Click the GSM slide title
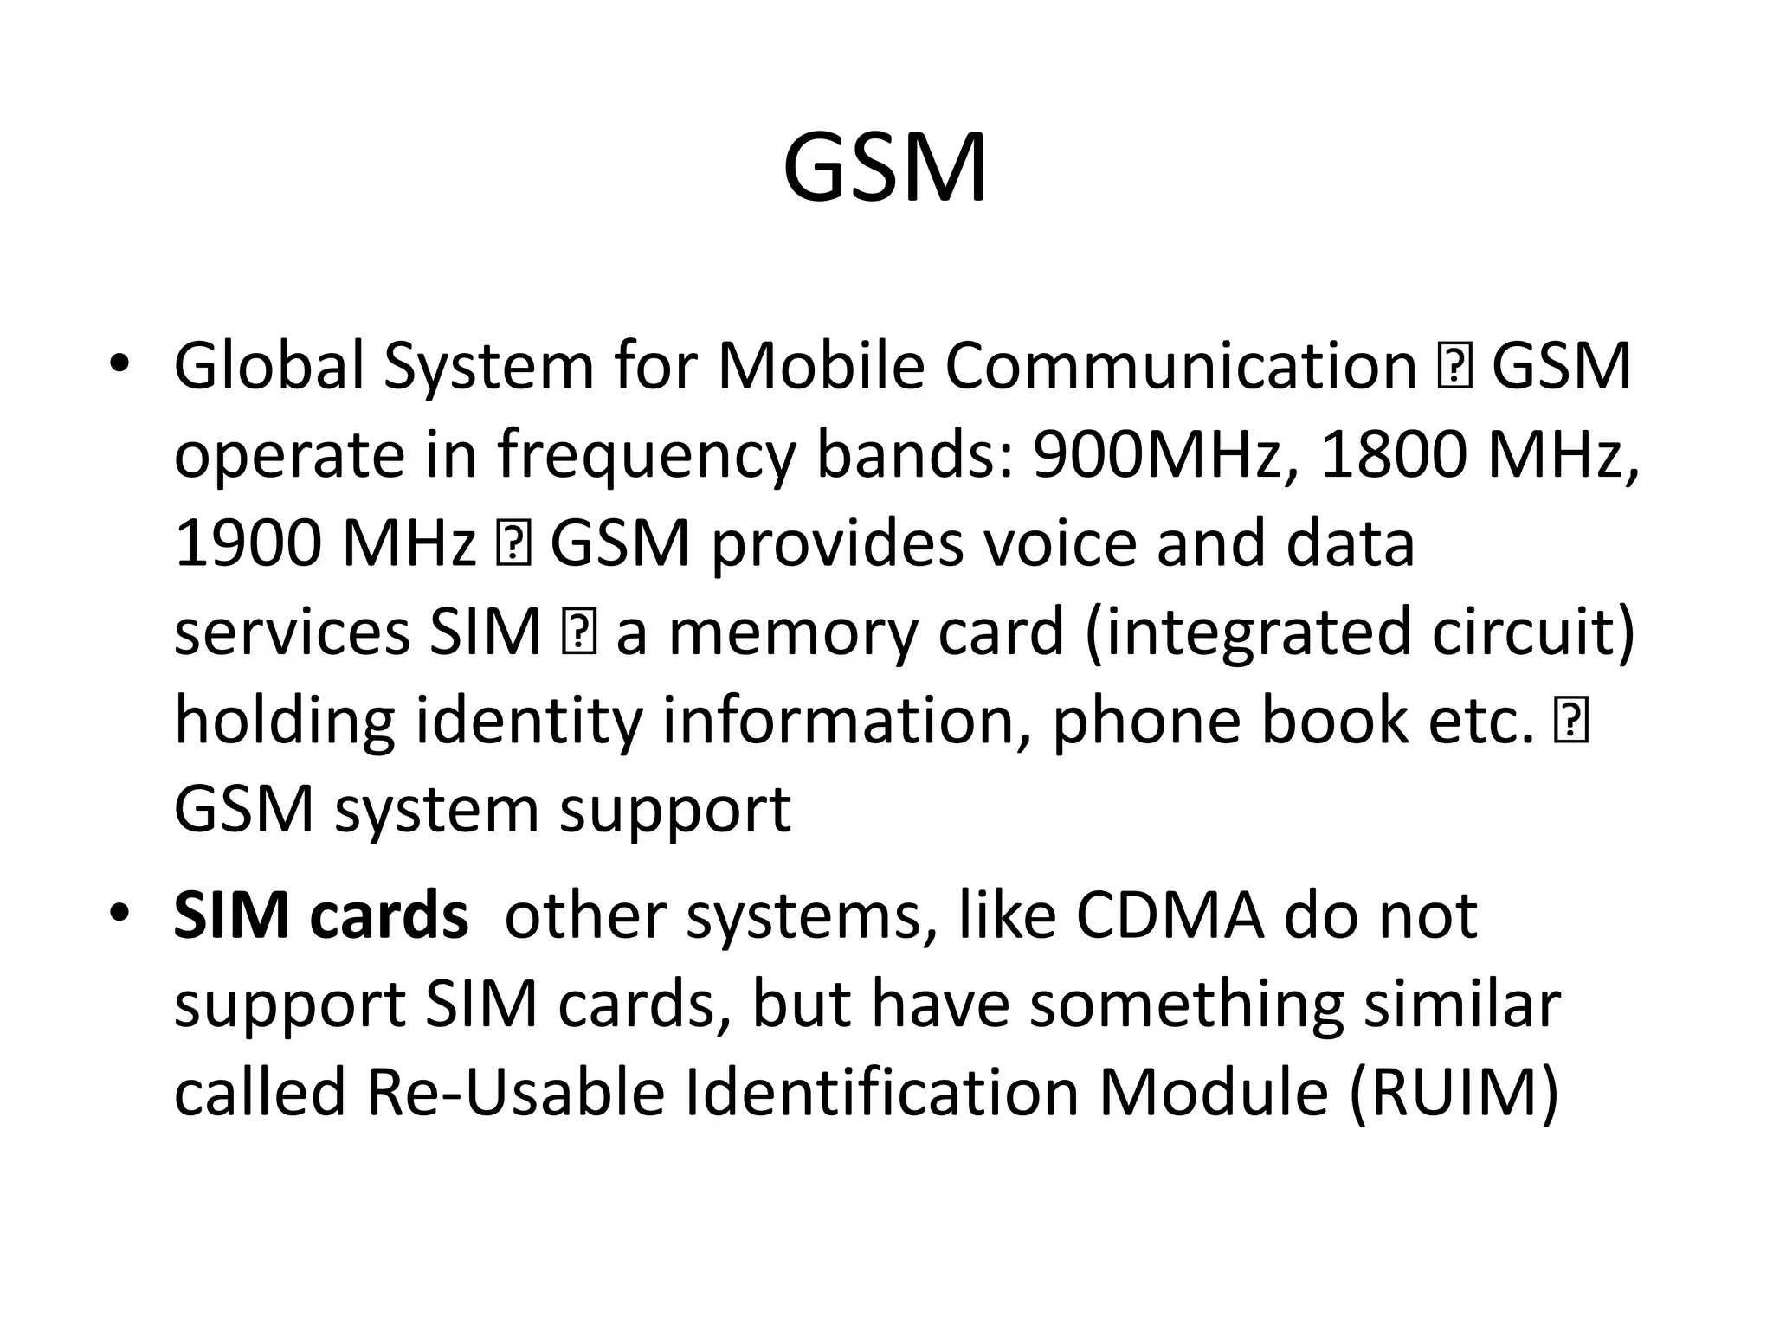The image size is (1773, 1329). tap(885, 169)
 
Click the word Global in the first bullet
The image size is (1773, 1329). tap(269, 366)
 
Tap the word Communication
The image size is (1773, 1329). tap(1180, 366)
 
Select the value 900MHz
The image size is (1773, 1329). tap(1157, 455)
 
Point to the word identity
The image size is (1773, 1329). tap(530, 722)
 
